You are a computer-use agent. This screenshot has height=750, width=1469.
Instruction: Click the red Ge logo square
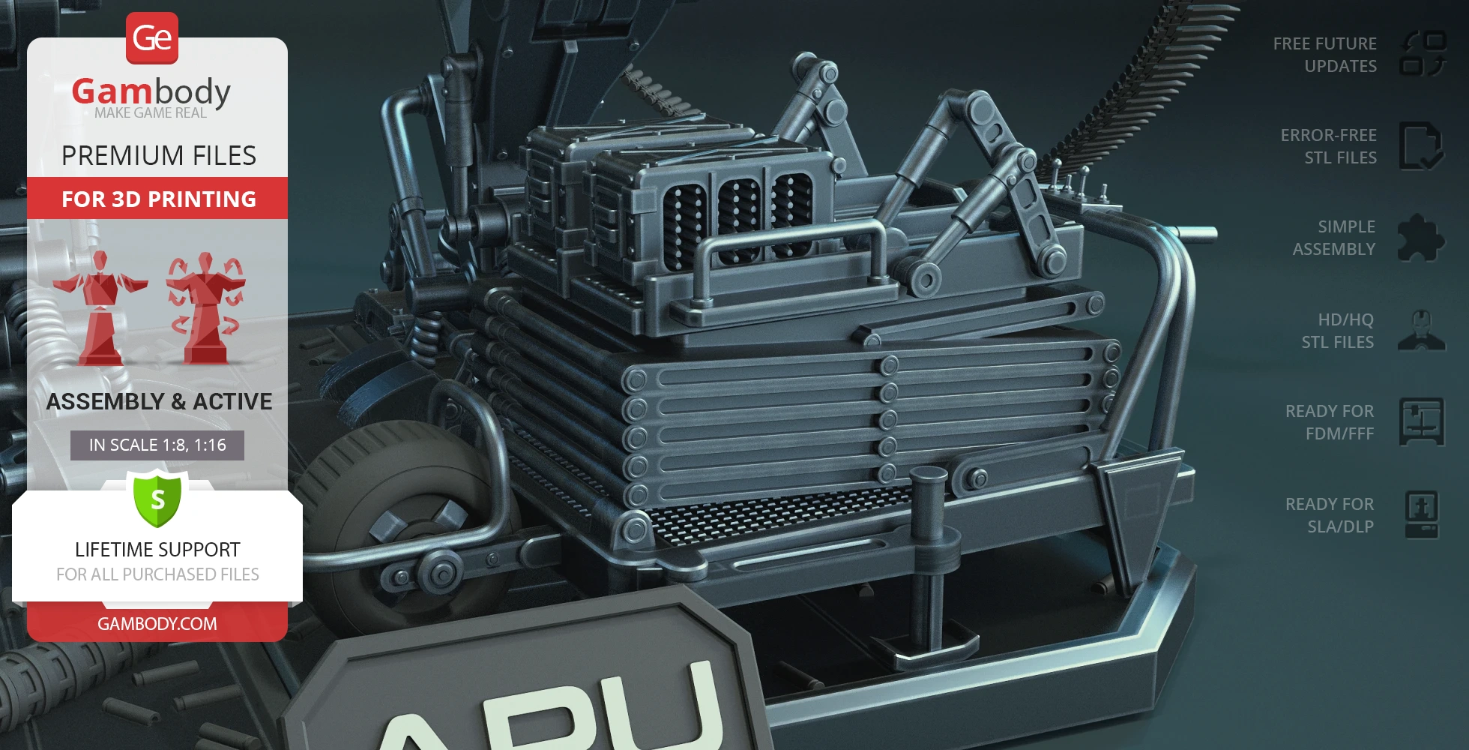tap(152, 38)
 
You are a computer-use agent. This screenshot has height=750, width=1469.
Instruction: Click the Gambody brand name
tap(151, 91)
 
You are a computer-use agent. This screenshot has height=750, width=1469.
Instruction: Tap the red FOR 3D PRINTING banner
tap(157, 199)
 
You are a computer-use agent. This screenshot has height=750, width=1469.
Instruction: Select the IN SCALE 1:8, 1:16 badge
tap(157, 445)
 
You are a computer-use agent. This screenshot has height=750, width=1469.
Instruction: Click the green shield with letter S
tap(157, 498)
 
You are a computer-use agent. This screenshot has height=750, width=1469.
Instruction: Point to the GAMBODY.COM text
tap(157, 623)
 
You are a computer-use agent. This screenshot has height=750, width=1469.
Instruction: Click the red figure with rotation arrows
tap(205, 308)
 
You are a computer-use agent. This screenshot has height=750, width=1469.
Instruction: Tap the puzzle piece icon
tap(1421, 238)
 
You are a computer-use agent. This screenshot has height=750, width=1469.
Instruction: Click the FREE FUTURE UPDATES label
tap(1325, 55)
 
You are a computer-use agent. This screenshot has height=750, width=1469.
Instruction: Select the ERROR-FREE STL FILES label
tap(1329, 146)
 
